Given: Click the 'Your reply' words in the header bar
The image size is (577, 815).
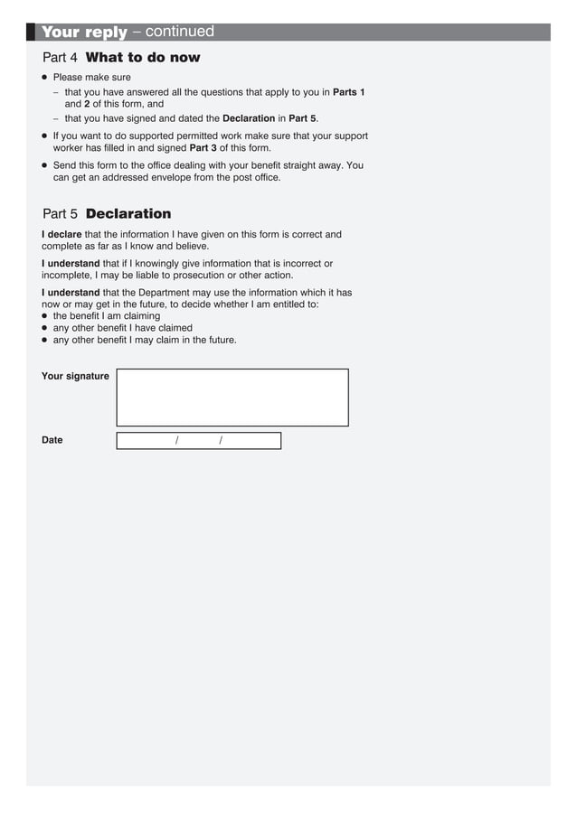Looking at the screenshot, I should point(84,33).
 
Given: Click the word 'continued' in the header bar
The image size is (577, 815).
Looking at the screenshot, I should point(179,33).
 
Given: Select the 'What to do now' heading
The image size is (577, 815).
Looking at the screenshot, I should point(142,58).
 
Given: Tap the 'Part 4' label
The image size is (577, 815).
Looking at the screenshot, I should point(61,58).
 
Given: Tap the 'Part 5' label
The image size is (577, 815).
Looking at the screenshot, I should point(61,214).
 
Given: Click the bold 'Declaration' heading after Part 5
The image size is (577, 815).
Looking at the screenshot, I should point(128,214).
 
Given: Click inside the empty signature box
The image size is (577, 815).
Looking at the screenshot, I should point(232,398).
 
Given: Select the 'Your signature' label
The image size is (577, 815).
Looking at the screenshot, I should point(75,376).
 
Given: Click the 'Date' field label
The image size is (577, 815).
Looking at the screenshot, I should point(52,440).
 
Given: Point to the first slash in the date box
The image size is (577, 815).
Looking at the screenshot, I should point(177,441).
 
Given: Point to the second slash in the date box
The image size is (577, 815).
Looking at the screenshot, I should point(221,441).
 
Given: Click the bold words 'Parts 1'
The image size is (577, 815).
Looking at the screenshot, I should point(348,92).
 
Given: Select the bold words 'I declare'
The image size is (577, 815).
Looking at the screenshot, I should point(61,235).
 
